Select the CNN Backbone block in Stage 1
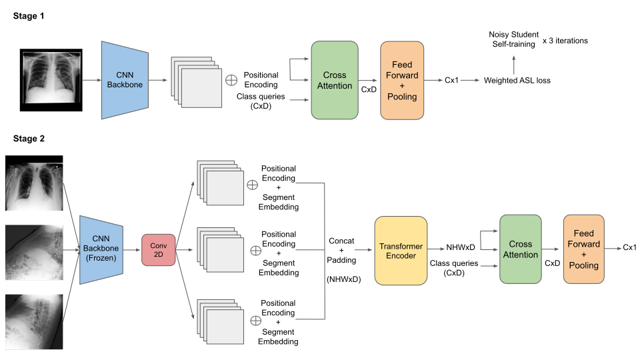124,81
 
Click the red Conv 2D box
157,251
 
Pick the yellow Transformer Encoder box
401,251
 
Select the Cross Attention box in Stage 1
335,81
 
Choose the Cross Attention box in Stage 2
520,250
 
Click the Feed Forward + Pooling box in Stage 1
402,81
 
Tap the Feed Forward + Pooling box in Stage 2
583,251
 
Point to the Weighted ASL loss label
517,81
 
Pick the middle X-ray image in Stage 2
34,252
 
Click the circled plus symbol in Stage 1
231,80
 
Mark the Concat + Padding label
343,250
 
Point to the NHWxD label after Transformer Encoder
461,248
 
